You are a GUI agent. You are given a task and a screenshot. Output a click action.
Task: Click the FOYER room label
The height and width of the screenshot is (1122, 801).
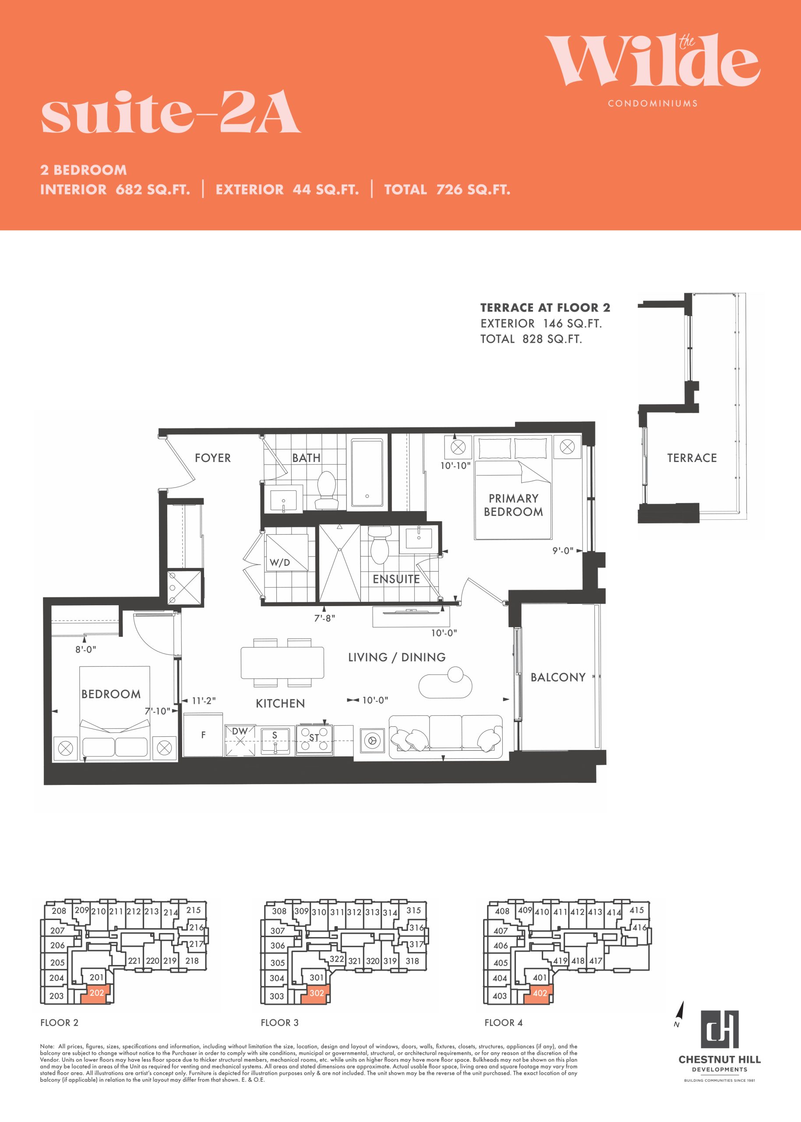(212, 458)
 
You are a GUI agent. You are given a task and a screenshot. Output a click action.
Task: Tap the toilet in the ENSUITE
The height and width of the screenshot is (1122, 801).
(380, 545)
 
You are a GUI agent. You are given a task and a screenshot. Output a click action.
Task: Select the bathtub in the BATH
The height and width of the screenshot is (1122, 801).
(367, 473)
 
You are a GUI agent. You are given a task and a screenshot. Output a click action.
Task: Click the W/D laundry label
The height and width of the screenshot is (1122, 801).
(280, 562)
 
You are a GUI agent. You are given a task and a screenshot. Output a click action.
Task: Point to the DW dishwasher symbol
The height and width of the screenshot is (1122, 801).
(240, 740)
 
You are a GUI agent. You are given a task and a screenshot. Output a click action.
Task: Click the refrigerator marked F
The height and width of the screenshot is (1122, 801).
(203, 735)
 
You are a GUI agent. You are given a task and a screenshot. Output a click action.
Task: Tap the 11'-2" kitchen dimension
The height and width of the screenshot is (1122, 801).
(204, 700)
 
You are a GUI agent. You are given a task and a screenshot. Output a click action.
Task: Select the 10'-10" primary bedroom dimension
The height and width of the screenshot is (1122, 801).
(455, 465)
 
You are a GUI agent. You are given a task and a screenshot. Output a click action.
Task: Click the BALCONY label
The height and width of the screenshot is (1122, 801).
(558, 677)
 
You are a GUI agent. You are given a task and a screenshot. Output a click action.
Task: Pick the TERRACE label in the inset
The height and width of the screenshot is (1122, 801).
(692, 458)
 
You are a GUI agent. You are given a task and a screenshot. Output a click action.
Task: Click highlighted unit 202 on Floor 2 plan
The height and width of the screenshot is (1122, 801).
(97, 993)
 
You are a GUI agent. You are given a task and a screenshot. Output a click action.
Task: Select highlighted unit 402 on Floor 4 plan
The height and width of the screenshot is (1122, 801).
(540, 993)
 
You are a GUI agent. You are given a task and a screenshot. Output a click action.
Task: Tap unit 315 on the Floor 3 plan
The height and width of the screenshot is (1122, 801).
(413, 910)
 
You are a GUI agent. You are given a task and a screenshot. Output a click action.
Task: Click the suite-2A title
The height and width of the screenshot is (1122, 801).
(171, 112)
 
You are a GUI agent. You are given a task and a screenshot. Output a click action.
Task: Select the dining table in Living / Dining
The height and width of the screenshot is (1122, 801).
(282, 662)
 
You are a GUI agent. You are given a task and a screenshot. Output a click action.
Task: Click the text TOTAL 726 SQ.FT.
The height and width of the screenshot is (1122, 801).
(447, 189)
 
